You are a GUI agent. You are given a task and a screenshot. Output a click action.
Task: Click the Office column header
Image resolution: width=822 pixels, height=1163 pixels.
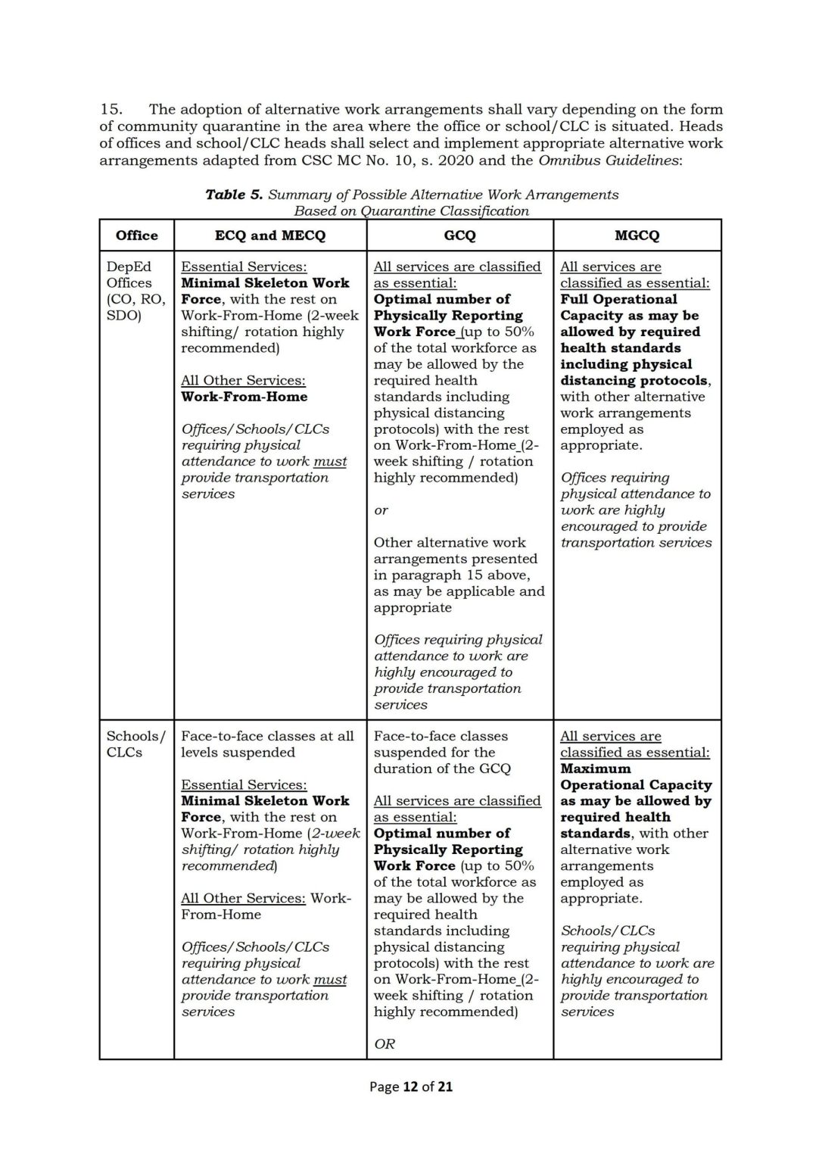(137, 235)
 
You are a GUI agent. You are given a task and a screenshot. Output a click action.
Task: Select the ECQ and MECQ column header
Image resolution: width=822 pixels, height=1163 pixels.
(270, 235)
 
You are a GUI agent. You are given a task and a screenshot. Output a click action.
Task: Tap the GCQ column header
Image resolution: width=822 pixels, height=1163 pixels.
(459, 235)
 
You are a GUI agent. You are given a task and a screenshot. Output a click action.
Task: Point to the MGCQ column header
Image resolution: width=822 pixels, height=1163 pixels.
(637, 235)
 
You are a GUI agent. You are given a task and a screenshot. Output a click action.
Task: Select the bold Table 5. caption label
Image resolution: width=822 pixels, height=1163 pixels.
(234, 195)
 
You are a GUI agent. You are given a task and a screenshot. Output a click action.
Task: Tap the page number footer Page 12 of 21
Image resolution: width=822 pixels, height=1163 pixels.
(410, 1087)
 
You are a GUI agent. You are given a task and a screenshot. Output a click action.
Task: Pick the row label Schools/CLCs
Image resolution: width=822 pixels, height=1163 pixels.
(135, 744)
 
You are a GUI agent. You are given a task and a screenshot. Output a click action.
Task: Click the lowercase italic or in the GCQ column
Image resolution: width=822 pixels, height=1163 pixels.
(381, 510)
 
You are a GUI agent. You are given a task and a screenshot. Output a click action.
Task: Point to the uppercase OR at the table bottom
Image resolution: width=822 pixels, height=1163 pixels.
(385, 1044)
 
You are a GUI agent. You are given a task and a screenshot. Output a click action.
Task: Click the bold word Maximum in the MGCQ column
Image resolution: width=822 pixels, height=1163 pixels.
(596, 769)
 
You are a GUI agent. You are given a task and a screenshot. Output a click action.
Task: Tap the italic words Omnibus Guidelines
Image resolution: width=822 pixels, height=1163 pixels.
(609, 160)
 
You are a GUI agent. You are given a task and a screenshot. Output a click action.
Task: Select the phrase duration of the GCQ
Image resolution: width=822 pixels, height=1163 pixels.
(442, 769)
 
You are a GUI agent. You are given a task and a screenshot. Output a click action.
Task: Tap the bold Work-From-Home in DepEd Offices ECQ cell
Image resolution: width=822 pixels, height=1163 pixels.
(244, 397)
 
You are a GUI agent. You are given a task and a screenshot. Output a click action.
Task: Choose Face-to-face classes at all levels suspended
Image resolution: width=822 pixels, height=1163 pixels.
(267, 744)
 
